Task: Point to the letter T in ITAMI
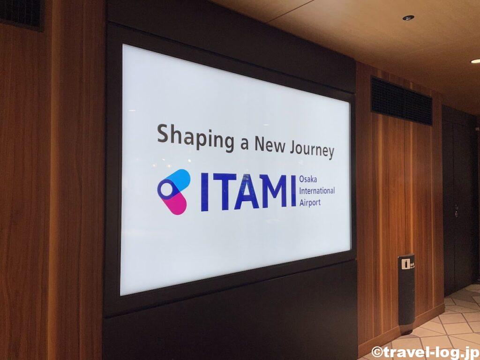(225, 192)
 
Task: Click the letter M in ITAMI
(274, 192)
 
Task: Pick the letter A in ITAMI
(247, 192)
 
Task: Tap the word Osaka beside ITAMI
(308, 179)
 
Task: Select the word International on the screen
(317, 191)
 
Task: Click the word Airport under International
(310, 202)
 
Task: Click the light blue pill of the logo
(177, 181)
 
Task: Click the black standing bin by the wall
(406, 293)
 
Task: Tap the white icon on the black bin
(406, 264)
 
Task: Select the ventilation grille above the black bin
(401, 101)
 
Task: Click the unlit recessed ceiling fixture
(408, 18)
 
